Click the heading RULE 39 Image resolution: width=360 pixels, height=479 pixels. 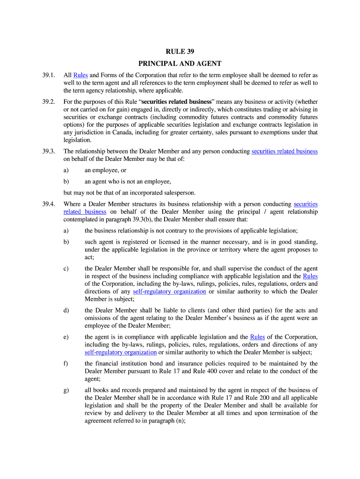[x=180, y=51]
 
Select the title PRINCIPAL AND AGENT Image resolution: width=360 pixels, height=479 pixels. [x=180, y=64]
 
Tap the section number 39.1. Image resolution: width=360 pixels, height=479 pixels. [x=49, y=75]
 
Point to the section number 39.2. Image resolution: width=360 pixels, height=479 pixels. [x=49, y=102]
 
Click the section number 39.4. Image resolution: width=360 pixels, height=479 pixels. [x=49, y=204]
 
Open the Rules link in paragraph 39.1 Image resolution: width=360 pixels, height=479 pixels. [x=80, y=75]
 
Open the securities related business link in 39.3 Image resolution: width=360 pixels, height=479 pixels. [x=284, y=151]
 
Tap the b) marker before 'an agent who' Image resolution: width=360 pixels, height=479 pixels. [x=66, y=181]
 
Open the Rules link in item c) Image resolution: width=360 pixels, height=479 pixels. [x=310, y=276]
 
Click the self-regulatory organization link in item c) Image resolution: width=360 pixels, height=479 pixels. [x=169, y=291]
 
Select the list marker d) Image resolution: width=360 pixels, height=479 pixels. [x=66, y=310]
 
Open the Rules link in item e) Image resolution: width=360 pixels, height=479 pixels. [x=257, y=337]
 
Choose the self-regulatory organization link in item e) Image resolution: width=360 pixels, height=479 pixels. [x=121, y=352]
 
